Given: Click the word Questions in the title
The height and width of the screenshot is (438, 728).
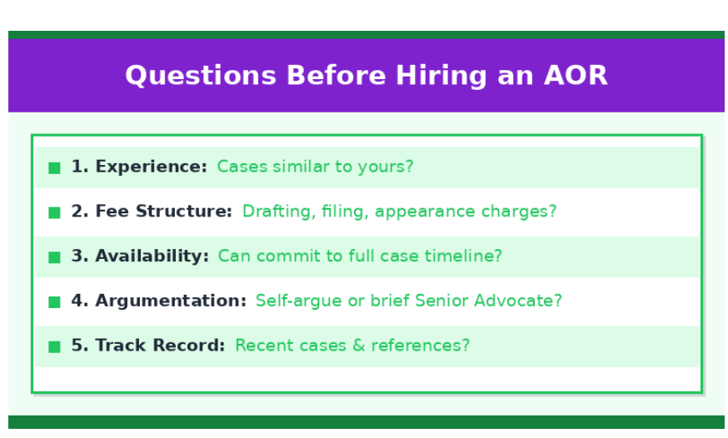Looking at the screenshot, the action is point(201,76).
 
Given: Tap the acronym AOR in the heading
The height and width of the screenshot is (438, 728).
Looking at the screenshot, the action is point(576,75).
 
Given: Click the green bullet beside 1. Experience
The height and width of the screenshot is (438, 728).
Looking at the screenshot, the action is point(54,168).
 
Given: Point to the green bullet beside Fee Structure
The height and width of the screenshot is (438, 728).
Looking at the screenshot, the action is point(54,212).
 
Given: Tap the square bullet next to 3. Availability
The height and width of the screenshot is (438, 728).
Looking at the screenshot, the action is point(54,257).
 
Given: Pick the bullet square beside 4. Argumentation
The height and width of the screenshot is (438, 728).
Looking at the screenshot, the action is point(54,302).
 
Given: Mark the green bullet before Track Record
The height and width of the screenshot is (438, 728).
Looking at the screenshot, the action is point(54,346).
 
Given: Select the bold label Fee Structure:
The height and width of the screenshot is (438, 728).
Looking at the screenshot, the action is point(164,212).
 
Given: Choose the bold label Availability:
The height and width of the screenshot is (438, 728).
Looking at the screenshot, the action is point(152,256).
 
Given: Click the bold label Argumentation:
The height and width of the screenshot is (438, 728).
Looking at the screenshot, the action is point(171,301).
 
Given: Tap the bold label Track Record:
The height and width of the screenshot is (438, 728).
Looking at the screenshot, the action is point(160,346).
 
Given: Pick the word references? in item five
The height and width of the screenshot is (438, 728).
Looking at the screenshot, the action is point(420,346).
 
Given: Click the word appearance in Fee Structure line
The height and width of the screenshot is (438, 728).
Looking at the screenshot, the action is point(425,212).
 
